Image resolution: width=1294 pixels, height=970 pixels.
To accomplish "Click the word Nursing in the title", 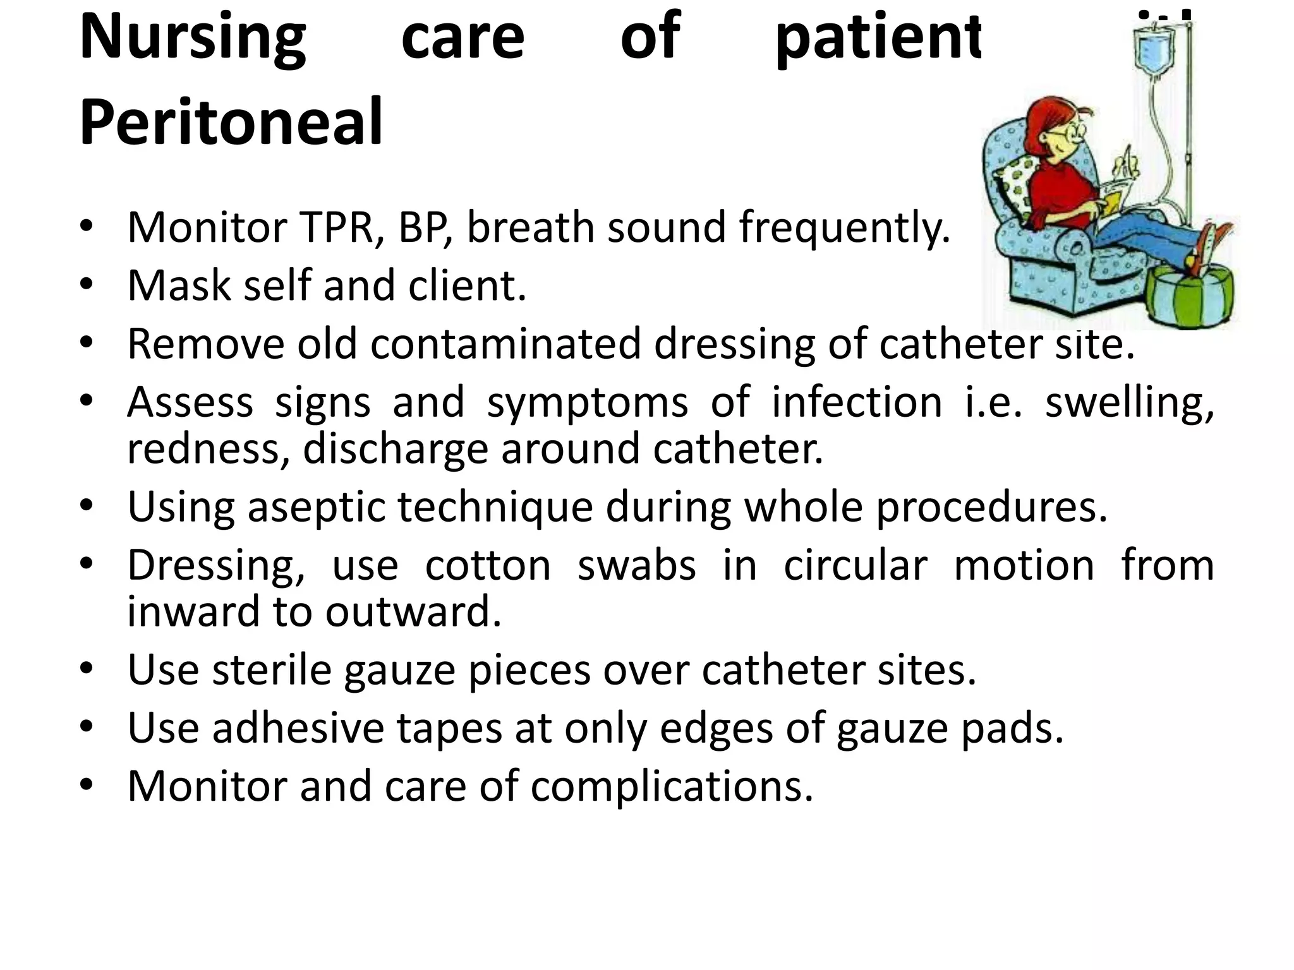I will point(193,38).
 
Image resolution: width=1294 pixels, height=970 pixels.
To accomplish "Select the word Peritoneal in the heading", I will point(231,121).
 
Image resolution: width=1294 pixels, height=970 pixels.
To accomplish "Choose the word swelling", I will point(1129,402).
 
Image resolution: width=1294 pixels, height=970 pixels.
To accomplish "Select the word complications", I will point(672,787).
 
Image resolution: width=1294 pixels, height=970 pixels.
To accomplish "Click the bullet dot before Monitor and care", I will point(87,785).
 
